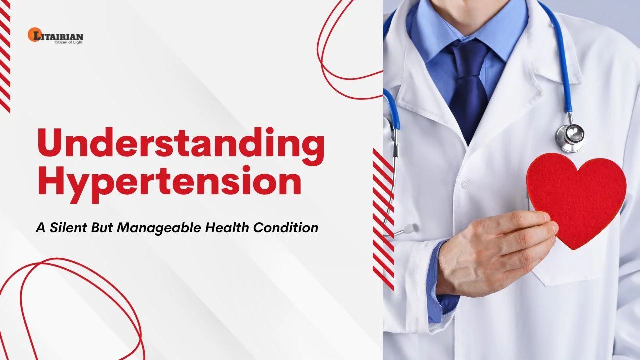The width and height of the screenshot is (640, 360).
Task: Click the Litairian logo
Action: click(x=56, y=35)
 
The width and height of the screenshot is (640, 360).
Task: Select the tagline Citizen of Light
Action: click(x=68, y=42)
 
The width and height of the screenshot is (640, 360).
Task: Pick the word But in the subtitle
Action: click(x=103, y=228)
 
